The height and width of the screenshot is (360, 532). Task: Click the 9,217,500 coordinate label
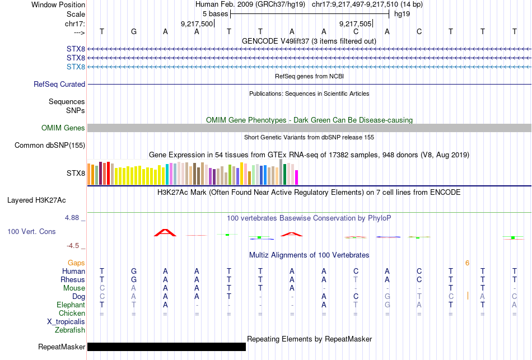pyautogui.click(x=197, y=24)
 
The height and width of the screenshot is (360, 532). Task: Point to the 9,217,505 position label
pyautogui.click(x=356, y=24)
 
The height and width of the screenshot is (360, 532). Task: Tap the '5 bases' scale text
pyautogui.click(x=214, y=13)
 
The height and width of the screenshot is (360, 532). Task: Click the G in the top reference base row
pyautogui.click(x=133, y=31)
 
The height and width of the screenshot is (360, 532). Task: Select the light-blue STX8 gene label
pyautogui.click(x=76, y=67)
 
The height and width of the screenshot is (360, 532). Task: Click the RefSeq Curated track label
pyautogui.click(x=59, y=84)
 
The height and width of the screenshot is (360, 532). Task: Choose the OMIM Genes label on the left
pyautogui.click(x=63, y=128)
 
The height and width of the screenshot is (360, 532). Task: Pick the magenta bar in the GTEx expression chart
pyautogui.click(x=297, y=177)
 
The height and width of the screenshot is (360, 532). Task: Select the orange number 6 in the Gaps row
pyautogui.click(x=466, y=263)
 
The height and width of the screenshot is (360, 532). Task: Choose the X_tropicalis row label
pyautogui.click(x=66, y=322)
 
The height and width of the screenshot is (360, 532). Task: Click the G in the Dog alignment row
pyautogui.click(x=387, y=296)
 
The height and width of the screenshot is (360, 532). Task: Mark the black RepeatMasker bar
pyautogui.click(x=166, y=347)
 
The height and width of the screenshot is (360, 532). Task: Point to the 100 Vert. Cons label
pyautogui.click(x=31, y=231)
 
